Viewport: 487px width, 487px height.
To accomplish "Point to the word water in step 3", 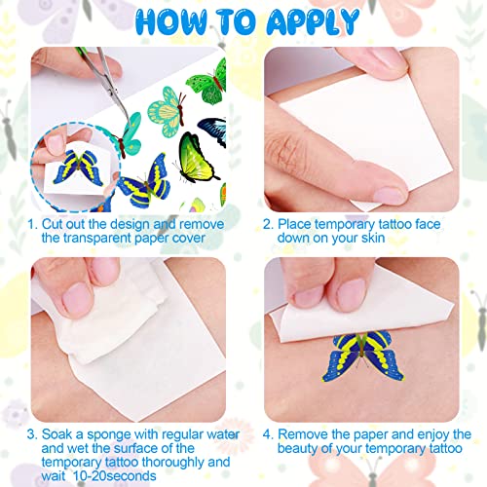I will tap(213, 433).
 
